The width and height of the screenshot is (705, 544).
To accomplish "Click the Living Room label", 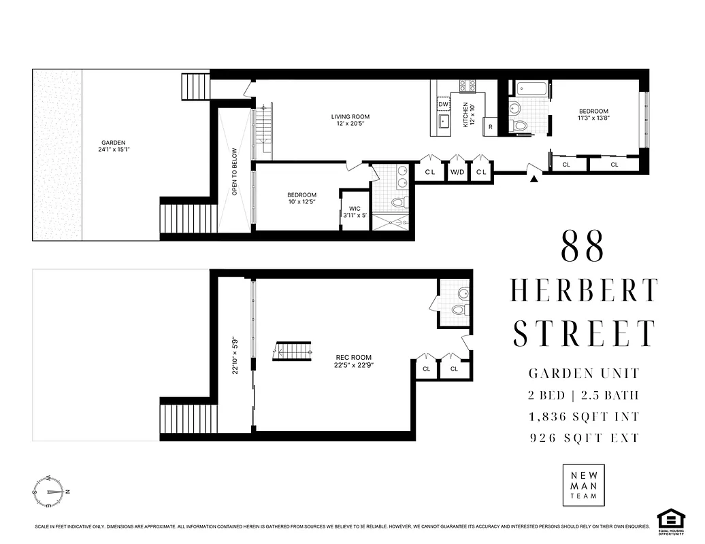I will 350,120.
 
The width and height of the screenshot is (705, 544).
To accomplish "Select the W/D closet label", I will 457,172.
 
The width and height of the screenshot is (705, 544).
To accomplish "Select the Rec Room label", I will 354,361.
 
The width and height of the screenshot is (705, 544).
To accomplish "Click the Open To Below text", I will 235,172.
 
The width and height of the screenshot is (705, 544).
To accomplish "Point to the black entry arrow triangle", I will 534,179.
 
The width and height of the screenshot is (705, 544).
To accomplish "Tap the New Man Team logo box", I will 583,485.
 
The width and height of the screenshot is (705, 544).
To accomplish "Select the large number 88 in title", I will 583,248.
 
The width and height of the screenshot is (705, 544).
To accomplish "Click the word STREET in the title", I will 584,333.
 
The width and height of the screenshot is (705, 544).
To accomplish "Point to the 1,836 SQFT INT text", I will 584,416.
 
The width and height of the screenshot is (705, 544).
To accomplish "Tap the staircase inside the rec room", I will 293,351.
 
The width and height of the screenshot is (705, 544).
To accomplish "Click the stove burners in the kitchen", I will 468,86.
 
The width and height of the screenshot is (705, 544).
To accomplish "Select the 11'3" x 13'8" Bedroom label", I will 593,115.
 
